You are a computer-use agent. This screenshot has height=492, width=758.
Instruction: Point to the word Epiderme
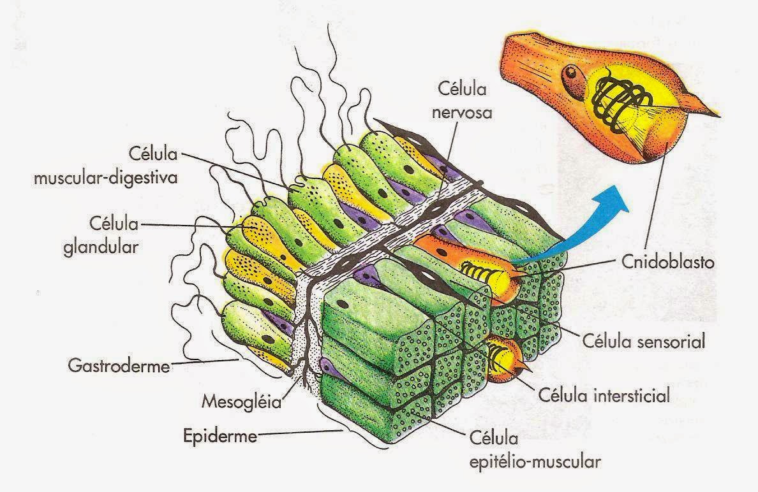click(x=211, y=437)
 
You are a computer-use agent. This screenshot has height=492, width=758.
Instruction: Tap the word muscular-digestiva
click(x=105, y=177)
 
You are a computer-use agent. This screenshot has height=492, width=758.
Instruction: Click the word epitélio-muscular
click(x=535, y=459)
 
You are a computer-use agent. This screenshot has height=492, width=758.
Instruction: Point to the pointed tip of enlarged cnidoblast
click(x=715, y=115)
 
